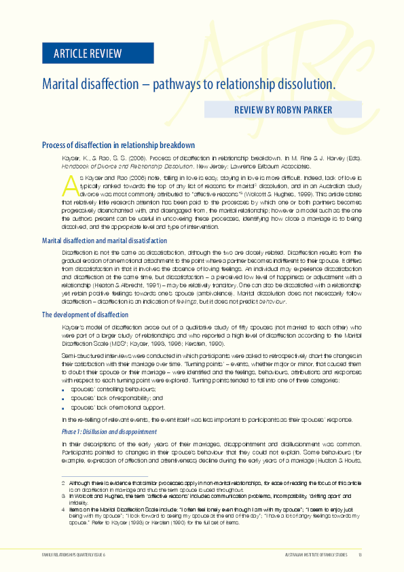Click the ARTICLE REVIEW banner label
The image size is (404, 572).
tap(82, 54)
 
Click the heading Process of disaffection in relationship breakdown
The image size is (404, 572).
tap(118, 145)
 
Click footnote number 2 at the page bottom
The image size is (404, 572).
tap(63, 482)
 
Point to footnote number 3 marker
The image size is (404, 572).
tap(63, 496)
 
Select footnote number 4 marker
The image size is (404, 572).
tap(63, 510)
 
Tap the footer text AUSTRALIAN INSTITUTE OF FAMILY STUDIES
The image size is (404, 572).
tap(317, 555)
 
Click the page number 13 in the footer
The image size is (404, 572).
tap(360, 555)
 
